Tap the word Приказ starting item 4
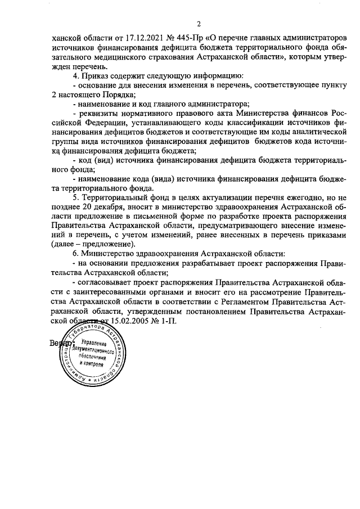pos(97,75)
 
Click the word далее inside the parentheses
pos(65,245)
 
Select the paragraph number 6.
pos(76,254)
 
